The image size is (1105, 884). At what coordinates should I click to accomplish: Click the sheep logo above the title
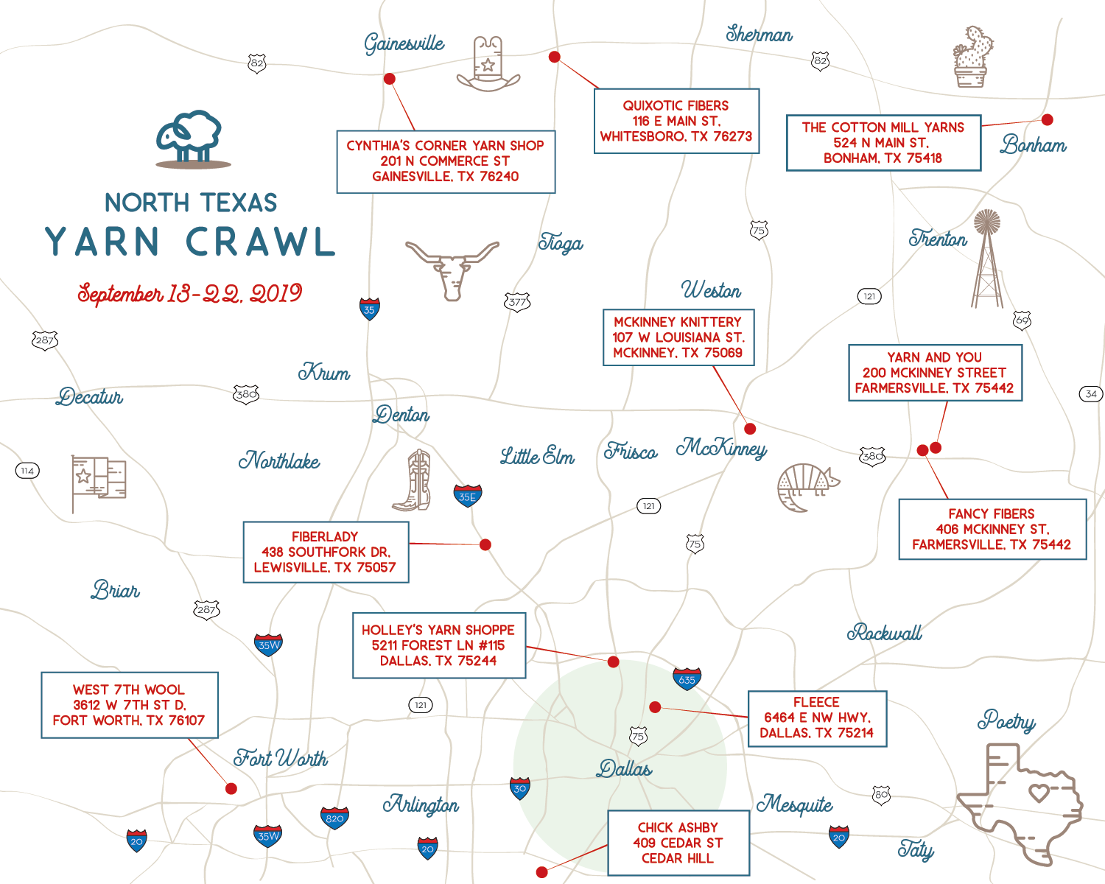click(190, 138)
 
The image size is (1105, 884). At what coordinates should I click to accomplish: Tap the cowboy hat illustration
click(488, 65)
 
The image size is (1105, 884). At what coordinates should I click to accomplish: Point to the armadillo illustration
click(807, 486)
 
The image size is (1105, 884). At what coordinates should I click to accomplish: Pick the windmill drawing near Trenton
click(987, 258)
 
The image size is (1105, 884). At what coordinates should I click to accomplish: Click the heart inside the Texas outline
click(1039, 793)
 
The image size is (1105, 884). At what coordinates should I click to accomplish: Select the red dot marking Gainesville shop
click(390, 79)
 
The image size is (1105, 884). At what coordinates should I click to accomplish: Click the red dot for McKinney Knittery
click(750, 429)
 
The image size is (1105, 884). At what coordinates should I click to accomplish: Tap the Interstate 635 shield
click(687, 678)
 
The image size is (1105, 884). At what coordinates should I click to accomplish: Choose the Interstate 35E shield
click(468, 496)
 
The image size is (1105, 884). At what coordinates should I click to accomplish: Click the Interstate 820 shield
click(334, 818)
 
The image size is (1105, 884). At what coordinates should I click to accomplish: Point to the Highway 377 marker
click(517, 301)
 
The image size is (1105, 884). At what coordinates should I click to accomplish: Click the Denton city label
click(401, 415)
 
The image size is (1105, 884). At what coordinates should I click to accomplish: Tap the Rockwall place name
click(884, 633)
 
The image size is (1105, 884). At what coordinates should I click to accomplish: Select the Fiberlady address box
click(326, 552)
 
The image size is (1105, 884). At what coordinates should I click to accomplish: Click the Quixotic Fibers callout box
click(676, 122)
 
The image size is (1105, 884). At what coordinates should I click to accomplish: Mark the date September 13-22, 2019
click(190, 294)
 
